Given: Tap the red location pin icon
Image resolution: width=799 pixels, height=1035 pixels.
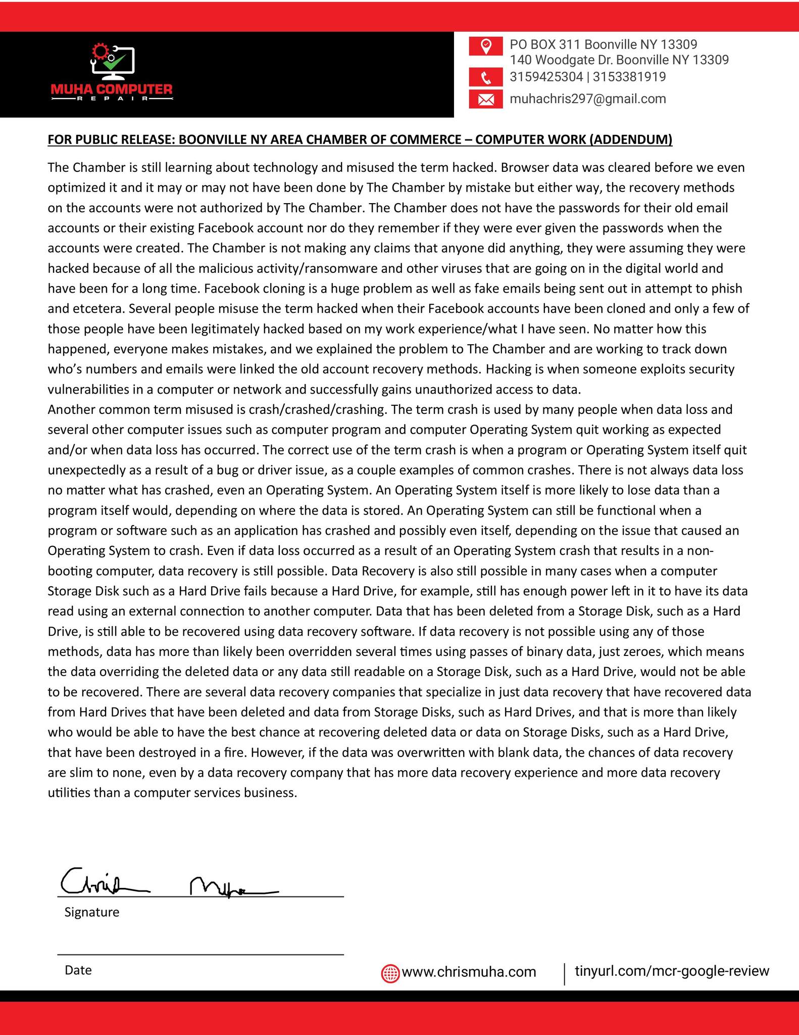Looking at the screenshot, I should click(486, 46).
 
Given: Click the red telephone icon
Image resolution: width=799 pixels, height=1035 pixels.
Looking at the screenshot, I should click(486, 78).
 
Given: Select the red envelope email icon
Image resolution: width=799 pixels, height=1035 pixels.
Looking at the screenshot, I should click(486, 100).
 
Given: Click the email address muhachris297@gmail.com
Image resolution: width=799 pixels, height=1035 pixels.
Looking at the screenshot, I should click(588, 99).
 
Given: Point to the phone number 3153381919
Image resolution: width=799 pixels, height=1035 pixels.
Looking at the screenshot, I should click(630, 77).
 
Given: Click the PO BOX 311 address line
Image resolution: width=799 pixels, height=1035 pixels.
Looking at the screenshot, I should click(604, 44).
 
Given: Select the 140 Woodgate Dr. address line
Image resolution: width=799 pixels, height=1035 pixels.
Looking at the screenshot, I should click(619, 60).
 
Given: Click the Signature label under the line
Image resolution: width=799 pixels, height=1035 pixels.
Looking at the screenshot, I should click(92, 912).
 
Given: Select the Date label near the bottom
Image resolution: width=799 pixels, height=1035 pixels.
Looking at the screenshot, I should click(78, 970).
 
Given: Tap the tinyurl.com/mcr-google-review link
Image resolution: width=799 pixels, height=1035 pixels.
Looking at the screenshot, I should click(672, 971).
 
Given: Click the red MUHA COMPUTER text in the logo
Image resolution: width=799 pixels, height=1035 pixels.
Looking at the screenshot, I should click(112, 89).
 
